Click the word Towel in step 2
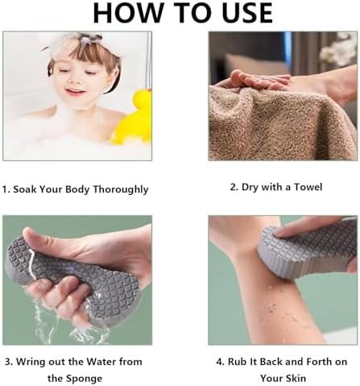pos(305,188)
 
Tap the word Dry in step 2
pos(245,188)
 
